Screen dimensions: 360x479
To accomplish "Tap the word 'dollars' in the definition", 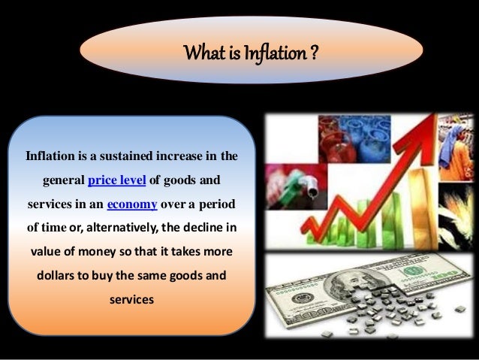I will point(59,276).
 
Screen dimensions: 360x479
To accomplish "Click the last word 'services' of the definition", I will point(131,299).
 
